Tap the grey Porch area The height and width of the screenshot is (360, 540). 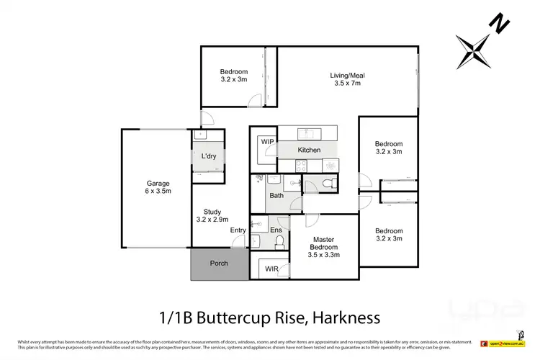pos(218,264)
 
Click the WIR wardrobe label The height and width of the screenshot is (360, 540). pos(271,269)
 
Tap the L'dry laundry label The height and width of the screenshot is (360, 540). pos(209,156)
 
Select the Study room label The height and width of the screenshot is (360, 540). pos(212,211)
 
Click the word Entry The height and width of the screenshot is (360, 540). pos(238,230)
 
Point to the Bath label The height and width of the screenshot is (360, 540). pos(276,195)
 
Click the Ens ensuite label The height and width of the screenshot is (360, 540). pos(276,230)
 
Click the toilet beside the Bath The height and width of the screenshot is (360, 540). pos(328,185)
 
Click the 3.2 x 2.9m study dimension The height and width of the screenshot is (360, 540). pos(212,219)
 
